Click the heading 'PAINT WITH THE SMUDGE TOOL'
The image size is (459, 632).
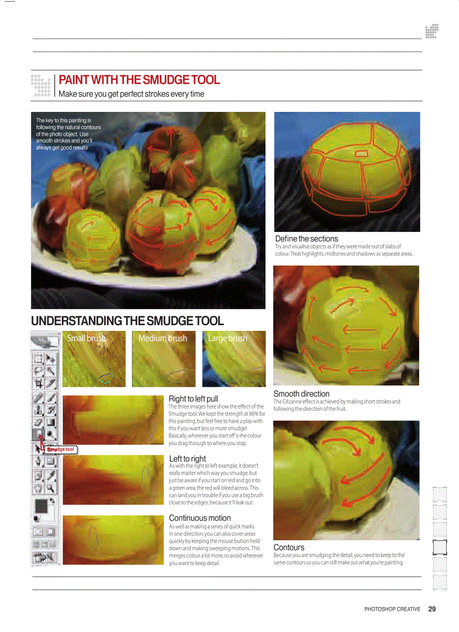(139, 80)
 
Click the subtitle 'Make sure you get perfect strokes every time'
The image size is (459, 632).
(132, 94)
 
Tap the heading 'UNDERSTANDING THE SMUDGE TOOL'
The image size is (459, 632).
(127, 321)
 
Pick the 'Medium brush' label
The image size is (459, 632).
(163, 338)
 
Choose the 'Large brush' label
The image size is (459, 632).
(227, 338)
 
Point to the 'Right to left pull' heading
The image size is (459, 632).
(193, 399)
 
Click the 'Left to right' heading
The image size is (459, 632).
(187, 459)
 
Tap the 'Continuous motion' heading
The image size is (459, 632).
(200, 518)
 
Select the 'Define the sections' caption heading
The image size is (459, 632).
(307, 239)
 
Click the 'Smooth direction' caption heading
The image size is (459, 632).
(301, 394)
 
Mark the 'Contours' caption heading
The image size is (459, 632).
(289, 548)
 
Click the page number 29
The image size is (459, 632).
(432, 608)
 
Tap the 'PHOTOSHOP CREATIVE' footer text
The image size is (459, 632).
(392, 609)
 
